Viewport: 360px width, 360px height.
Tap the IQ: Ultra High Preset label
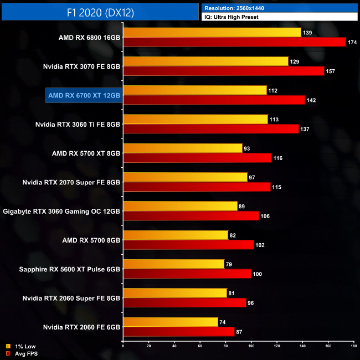coord(231,17)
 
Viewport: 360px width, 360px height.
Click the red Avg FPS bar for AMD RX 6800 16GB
coord(234,42)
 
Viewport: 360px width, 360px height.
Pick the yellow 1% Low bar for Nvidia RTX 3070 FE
coord(205,61)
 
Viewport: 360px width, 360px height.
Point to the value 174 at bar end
coord(352,42)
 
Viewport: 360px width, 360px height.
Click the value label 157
coord(331,71)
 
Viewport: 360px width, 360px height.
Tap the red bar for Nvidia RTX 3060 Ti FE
coord(211,128)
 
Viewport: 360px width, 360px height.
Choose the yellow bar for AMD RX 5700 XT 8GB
coord(183,148)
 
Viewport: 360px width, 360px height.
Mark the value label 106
coord(265,215)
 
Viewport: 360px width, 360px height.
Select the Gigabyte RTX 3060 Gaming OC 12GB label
coord(62,210)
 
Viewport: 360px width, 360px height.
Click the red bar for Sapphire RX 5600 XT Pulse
coord(187,273)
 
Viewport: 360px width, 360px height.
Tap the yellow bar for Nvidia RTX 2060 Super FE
coord(176,292)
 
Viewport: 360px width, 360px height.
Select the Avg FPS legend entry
coord(22,353)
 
